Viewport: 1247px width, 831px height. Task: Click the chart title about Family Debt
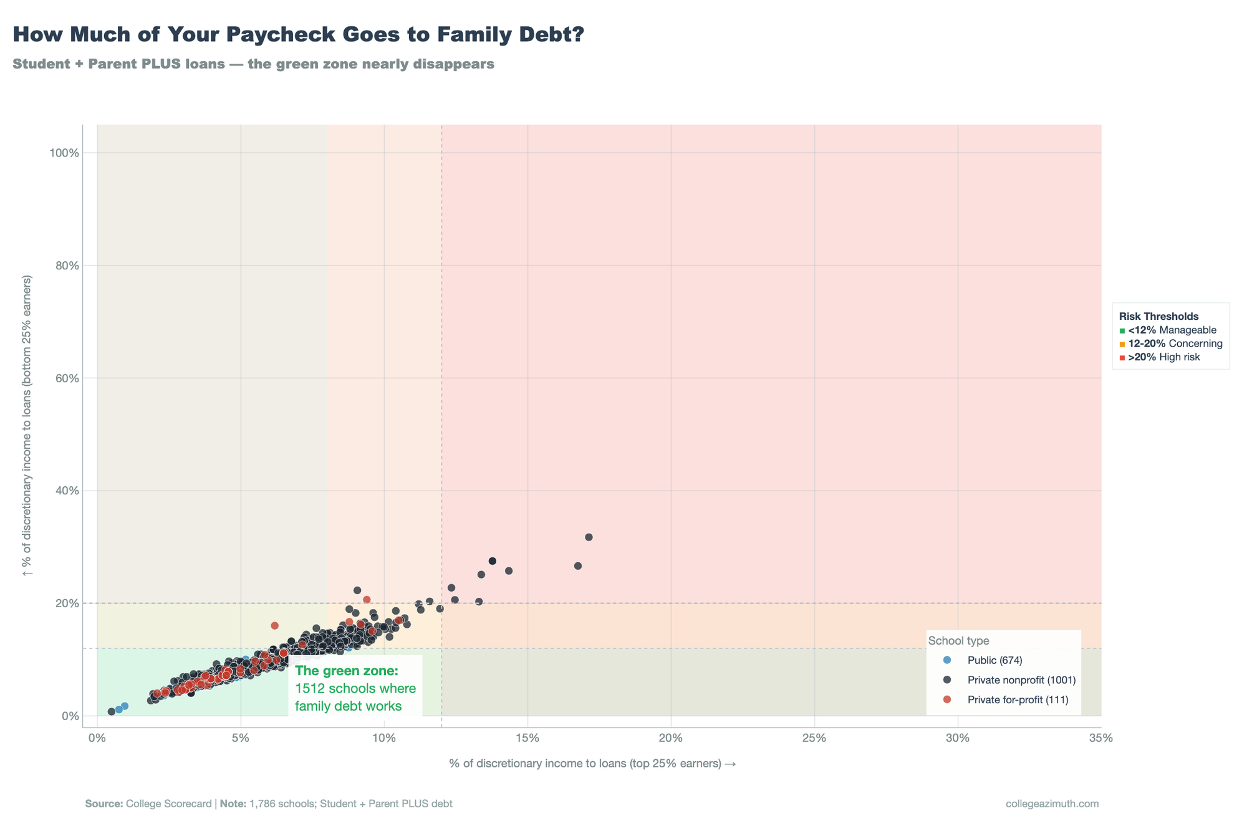coord(298,35)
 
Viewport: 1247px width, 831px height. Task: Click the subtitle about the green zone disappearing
coord(253,64)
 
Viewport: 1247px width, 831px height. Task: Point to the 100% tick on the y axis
coord(64,153)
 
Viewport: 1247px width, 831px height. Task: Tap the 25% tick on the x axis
coord(814,738)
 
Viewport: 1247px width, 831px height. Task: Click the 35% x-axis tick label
coord(1100,738)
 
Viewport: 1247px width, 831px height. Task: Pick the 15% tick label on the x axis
coord(527,738)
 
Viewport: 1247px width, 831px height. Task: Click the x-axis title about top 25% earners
coord(592,764)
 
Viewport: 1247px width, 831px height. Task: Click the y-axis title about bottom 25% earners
coord(27,435)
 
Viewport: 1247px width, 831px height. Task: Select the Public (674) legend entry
coord(994,660)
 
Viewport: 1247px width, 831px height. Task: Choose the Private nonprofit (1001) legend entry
coord(1021,680)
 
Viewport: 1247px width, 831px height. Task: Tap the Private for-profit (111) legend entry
coord(1018,700)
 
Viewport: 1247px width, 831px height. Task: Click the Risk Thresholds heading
coord(1158,317)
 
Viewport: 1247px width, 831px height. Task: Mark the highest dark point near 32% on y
coord(589,537)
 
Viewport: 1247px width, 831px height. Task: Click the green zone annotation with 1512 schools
coord(355,689)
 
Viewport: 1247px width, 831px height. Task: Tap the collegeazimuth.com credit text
coord(1052,804)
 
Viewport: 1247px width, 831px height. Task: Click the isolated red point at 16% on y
coord(274,625)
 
